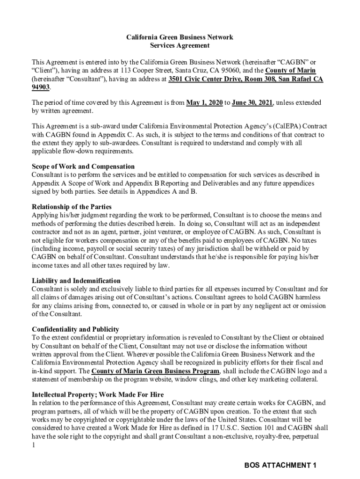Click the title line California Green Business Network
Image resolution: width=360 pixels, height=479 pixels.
click(x=180, y=37)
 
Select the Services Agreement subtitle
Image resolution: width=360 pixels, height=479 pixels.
click(x=180, y=45)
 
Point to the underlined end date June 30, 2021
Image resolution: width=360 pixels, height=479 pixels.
click(x=252, y=103)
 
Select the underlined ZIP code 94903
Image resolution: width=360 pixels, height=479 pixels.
click(x=41, y=87)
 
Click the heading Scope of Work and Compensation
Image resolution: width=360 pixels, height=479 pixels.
click(x=83, y=167)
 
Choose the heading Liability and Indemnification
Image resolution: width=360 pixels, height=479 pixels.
click(x=76, y=281)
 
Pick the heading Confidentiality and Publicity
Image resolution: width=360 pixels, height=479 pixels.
click(x=75, y=329)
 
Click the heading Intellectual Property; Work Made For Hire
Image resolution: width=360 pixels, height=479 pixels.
click(x=97, y=394)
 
